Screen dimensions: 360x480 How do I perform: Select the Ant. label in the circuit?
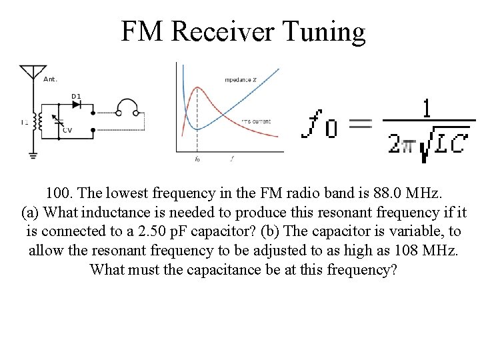[50, 79]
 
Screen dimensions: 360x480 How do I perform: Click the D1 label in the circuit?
[76, 96]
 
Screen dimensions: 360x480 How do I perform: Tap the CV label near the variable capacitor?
[67, 130]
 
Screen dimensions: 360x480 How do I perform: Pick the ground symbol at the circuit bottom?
[31, 155]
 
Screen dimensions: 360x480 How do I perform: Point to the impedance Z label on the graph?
[241, 80]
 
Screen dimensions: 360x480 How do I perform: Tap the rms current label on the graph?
[255, 121]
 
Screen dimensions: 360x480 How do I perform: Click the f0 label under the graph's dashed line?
[197, 159]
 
